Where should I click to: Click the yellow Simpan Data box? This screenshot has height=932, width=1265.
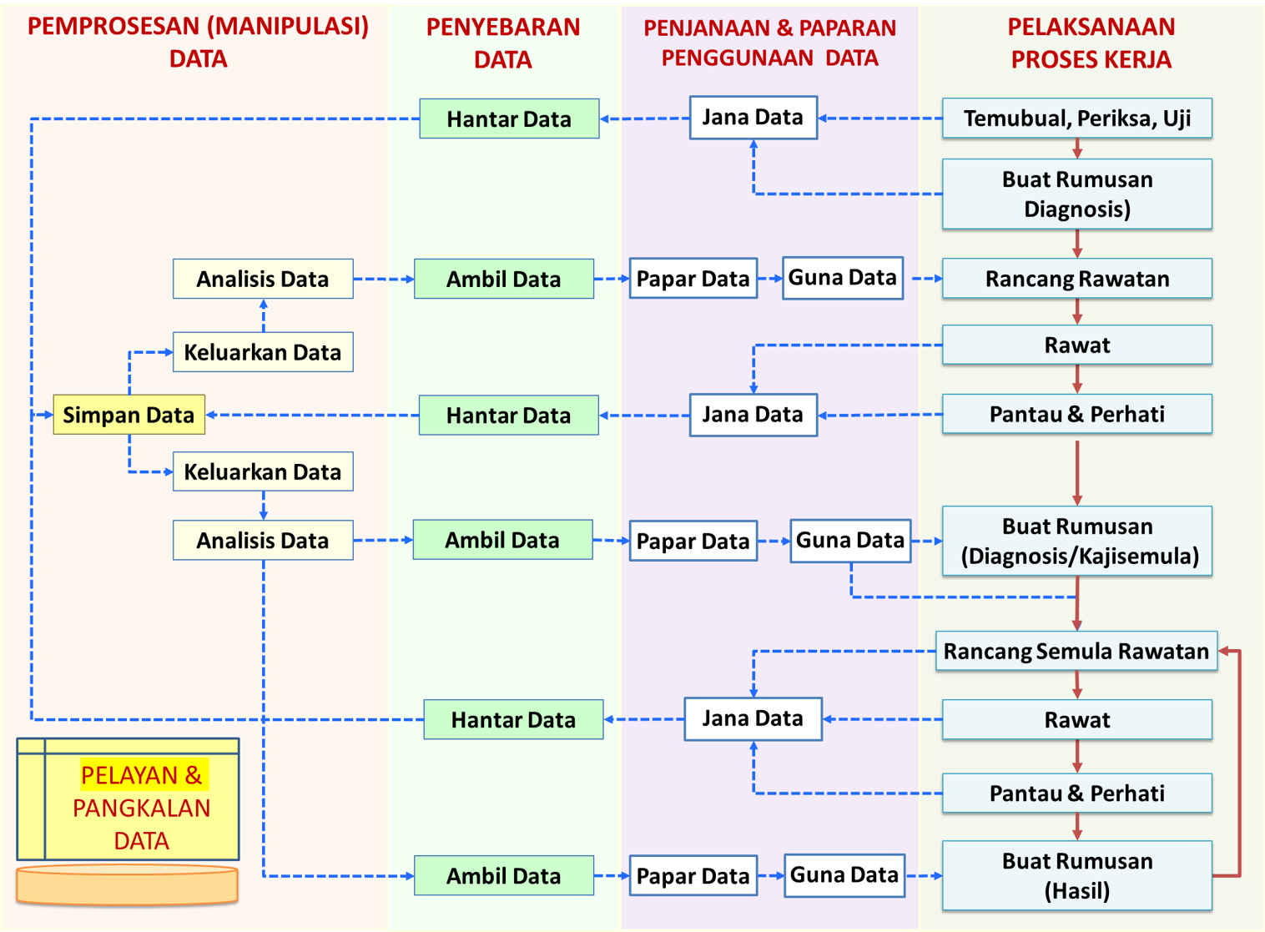tap(129, 415)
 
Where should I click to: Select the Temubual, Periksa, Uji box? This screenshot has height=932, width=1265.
tap(1076, 118)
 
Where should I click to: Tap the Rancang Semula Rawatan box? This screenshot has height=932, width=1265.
tap(1076, 652)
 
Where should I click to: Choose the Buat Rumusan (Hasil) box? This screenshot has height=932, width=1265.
tap(1076, 875)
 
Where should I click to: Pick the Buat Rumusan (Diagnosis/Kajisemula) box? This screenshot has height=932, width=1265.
tap(1076, 541)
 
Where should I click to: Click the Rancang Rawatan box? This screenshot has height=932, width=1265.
tap(1076, 279)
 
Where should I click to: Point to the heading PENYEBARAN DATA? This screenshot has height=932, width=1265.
tap(502, 43)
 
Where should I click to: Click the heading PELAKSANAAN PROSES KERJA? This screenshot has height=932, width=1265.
tap(1091, 43)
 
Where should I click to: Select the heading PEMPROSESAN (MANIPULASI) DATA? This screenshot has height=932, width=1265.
tap(198, 43)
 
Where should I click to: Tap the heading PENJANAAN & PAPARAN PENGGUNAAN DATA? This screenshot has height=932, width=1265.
tap(769, 43)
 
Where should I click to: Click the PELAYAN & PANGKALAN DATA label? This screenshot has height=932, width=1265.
tap(141, 807)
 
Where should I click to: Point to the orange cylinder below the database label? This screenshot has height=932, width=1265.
tap(127, 885)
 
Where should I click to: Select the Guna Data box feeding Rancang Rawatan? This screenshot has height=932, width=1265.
tap(842, 278)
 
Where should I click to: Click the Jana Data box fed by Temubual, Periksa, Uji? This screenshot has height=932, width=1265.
tap(753, 118)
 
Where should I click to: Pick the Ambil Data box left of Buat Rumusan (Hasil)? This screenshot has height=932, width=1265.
tap(503, 875)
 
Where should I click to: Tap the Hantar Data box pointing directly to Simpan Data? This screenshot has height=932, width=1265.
tap(508, 416)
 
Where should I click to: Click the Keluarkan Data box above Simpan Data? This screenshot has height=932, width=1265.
tap(263, 352)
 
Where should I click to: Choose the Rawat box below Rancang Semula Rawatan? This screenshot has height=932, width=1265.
tap(1076, 720)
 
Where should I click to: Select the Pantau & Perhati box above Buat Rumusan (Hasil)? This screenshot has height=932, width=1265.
tap(1076, 793)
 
